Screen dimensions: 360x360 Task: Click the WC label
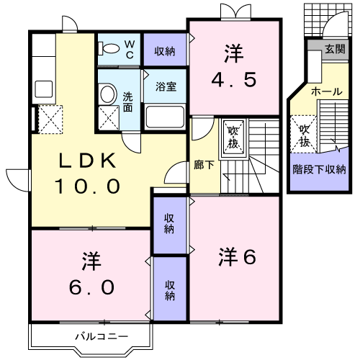tap(130, 49)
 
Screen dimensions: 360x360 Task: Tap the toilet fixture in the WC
tap(111, 48)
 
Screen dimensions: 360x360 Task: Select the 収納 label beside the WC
tap(165, 50)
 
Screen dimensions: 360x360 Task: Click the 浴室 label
tap(165, 86)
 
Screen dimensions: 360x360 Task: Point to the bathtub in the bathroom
tap(165, 115)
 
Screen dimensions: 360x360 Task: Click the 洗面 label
tap(127, 102)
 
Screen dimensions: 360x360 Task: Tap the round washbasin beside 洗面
tap(107, 94)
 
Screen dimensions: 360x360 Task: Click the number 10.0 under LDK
tap(86, 186)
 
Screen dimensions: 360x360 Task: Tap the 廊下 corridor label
tap(204, 165)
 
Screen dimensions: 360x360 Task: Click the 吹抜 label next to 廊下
tap(235, 136)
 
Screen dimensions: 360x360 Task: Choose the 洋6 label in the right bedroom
tap(238, 256)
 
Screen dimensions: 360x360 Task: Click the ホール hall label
tap(326, 92)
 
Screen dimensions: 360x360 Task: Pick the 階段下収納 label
tap(318, 170)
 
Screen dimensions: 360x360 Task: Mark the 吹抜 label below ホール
tap(305, 135)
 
